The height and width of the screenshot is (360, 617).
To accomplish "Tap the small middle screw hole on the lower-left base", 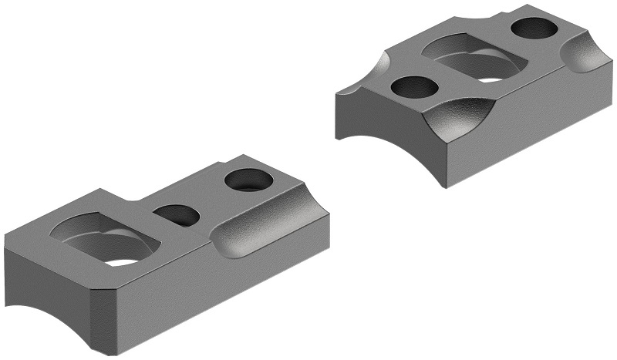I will coord(176,214).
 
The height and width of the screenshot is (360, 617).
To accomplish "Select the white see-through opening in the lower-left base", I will coord(123,261).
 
